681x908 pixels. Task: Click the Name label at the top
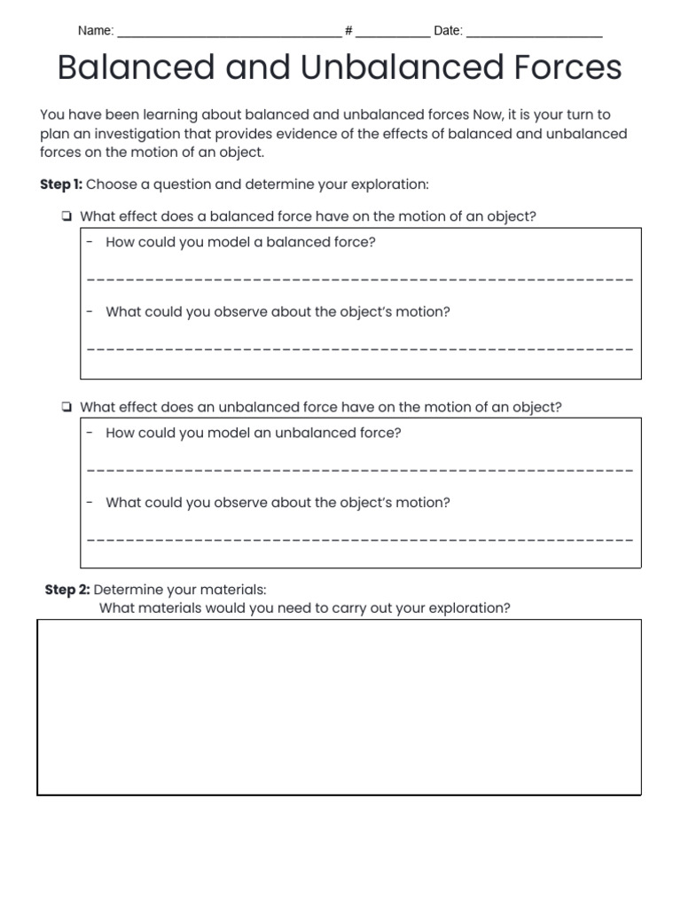[95, 31]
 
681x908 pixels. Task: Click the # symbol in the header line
[348, 31]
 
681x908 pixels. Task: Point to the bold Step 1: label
[61, 184]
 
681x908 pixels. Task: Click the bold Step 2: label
[67, 591]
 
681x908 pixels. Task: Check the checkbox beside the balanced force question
[67, 217]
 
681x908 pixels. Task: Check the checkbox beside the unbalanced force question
[67, 408]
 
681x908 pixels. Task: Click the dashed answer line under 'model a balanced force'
[360, 279]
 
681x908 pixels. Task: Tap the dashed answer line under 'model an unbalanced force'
[360, 470]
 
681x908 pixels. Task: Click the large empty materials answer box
[339, 706]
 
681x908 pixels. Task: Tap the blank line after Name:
[229, 34]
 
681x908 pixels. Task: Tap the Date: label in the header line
[448, 31]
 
